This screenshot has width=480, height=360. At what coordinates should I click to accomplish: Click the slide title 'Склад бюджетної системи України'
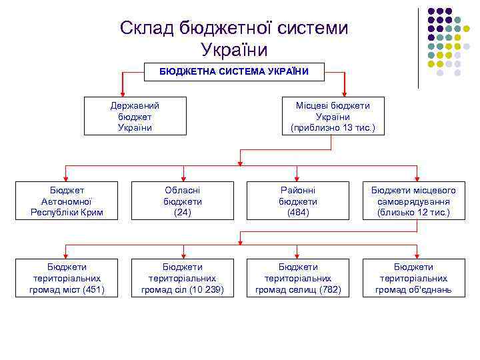pos(234,39)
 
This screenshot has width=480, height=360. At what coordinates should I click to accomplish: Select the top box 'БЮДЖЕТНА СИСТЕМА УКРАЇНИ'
pos(234,71)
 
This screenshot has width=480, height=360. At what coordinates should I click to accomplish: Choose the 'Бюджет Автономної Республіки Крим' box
pos(67,201)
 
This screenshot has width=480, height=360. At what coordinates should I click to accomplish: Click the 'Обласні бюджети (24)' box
pos(183,201)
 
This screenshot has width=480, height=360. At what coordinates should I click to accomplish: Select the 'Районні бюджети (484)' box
pos(298,201)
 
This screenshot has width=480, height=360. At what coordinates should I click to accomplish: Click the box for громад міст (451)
pos(67,278)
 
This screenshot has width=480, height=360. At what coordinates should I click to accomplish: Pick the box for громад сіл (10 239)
pos(183,278)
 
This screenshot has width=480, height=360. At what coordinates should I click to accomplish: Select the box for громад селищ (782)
pos(298,278)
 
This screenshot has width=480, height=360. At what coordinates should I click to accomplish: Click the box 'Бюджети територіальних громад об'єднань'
pos(413,278)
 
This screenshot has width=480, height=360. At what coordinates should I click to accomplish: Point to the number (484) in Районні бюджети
pos(298,212)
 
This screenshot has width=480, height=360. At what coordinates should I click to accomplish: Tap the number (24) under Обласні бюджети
pos(183,212)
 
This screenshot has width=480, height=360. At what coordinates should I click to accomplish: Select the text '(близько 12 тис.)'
pos(413,212)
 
